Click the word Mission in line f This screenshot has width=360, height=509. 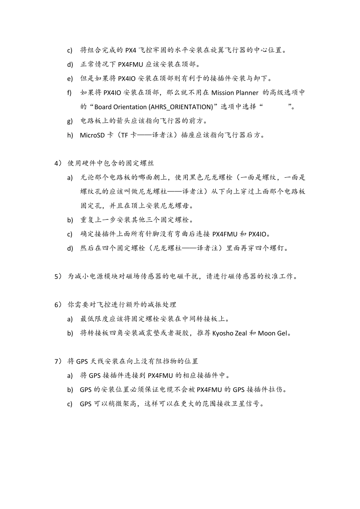coord(222,93)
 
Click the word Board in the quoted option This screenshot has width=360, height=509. coord(103,107)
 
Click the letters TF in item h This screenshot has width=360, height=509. coord(124,135)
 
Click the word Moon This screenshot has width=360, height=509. coord(266,333)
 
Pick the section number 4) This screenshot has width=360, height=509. coord(58,163)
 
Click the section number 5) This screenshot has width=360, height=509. coord(58,276)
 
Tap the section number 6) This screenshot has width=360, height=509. coord(58,305)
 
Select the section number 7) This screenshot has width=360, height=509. coord(58,361)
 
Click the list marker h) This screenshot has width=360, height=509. coord(70,135)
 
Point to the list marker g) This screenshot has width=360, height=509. coord(70,121)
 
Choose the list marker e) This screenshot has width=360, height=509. coord(70,79)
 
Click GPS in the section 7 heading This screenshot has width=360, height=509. coord(82,361)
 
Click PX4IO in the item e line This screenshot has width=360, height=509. coord(127,79)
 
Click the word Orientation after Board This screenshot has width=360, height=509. coord(131,107)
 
